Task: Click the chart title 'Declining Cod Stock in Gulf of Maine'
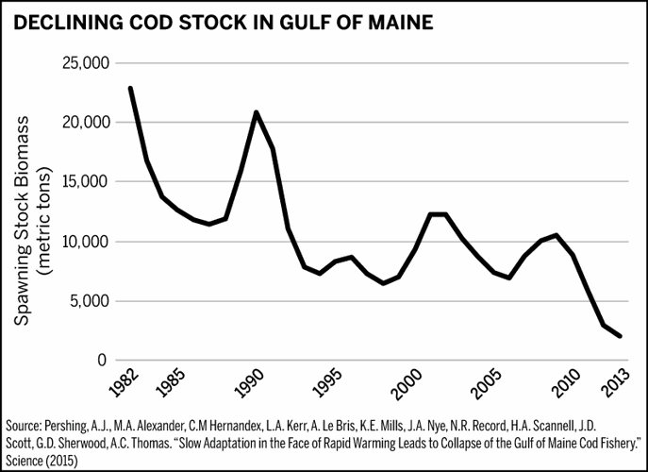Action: (224, 21)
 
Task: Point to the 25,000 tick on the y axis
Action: (86, 63)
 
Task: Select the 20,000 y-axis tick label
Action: (86, 123)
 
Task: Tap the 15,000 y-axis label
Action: (86, 182)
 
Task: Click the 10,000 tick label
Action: (86, 242)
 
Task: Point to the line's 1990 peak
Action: (256, 112)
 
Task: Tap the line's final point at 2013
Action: (619, 336)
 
